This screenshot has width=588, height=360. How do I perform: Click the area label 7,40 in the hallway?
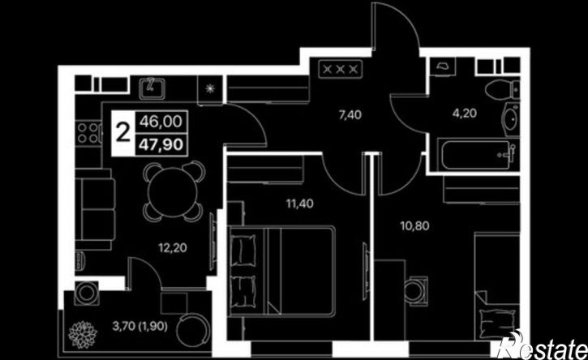(350, 114)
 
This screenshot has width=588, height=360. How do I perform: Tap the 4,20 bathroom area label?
(465, 113)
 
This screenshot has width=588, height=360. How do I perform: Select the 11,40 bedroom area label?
(299, 204)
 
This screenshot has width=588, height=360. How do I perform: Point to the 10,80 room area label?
(414, 225)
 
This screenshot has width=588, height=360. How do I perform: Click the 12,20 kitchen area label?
(173, 248)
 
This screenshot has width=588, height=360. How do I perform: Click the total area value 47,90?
(161, 144)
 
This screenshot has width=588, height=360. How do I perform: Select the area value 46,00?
(161, 122)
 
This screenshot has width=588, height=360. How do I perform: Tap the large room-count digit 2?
(123, 133)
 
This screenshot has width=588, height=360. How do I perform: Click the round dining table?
(173, 191)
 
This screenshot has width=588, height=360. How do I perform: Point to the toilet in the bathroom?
(502, 90)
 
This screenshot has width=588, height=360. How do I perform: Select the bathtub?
(478, 155)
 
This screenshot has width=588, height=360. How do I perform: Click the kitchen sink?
(152, 88)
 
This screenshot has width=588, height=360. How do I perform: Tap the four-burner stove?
(88, 133)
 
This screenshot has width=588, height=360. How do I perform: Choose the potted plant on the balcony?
(83, 335)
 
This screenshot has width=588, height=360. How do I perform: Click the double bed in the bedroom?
(281, 271)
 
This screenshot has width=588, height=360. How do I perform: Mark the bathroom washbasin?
(510, 120)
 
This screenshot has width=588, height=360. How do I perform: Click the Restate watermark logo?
(542, 345)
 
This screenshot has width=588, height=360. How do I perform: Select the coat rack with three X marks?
(341, 69)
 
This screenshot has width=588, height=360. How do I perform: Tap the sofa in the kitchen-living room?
(95, 209)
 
